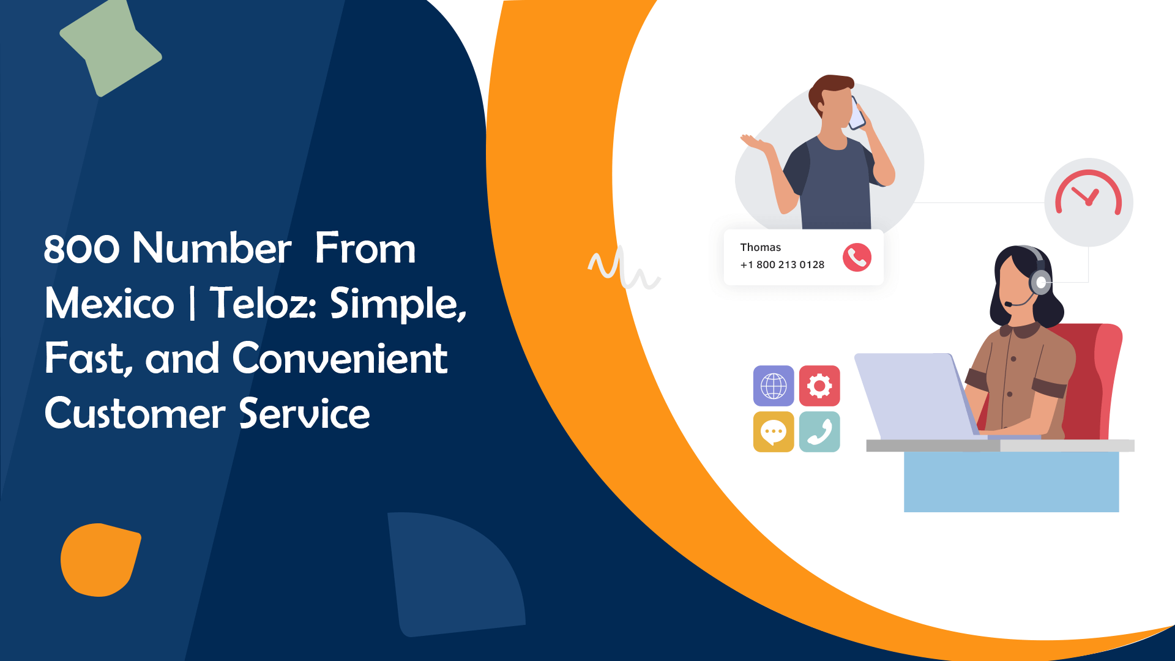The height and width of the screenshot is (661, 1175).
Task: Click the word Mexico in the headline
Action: [x=110, y=304]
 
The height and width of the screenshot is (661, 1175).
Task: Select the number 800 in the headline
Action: [x=81, y=249]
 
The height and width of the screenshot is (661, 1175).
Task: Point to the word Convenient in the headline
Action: [x=340, y=359]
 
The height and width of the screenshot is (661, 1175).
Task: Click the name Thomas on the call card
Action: [x=760, y=247]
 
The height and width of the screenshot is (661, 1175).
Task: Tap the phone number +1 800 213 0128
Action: [x=782, y=264]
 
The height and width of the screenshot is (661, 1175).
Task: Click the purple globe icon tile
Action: [x=774, y=386]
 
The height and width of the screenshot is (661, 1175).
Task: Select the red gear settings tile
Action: [x=819, y=386]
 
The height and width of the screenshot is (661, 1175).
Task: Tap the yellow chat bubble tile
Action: [x=774, y=432]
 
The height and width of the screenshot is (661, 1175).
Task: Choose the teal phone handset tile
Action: [x=819, y=432]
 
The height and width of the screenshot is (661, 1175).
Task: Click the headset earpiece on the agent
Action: [x=1040, y=283]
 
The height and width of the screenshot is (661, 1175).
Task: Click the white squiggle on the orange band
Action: [x=623, y=268]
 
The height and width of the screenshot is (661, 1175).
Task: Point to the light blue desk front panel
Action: [x=1011, y=482]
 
